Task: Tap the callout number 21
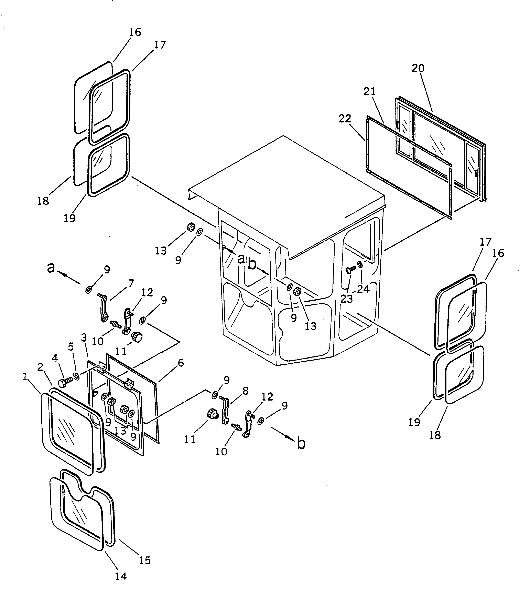tap(370, 92)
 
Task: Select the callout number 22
tap(345, 119)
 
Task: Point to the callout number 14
tap(121, 576)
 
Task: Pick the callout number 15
tap(145, 560)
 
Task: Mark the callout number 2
tap(40, 367)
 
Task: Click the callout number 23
tap(346, 299)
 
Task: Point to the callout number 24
tap(363, 289)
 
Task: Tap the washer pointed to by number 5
tap(77, 377)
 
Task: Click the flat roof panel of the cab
tap(283, 189)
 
